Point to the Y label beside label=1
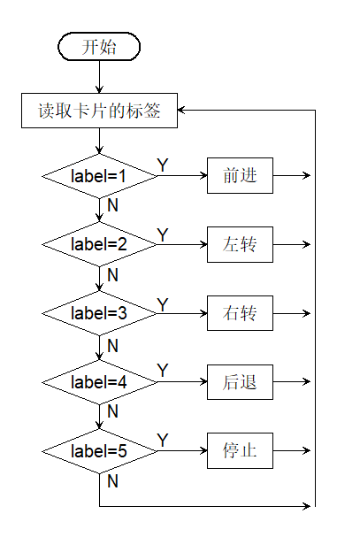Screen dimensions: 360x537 pos(163,165)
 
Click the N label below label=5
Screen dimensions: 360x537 pos(112,481)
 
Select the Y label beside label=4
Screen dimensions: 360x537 pos(163,371)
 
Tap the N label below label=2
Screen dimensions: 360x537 pos(112,275)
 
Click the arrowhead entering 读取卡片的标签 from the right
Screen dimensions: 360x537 pos(180,110)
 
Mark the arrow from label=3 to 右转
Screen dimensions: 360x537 pos(182,313)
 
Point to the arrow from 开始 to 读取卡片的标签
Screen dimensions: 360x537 pos(99,77)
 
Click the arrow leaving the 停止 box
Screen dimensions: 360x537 pos(292,450)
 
